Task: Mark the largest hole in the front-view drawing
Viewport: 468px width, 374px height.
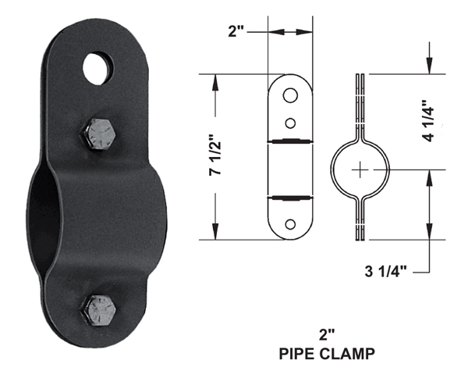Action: click(x=289, y=95)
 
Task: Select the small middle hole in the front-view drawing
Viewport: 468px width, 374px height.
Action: click(x=289, y=122)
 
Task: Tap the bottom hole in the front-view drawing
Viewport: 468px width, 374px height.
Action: click(x=289, y=224)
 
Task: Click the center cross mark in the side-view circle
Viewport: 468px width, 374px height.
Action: click(x=360, y=169)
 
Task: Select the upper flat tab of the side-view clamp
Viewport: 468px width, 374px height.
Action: click(x=360, y=102)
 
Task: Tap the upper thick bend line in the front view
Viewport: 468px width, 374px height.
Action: click(x=289, y=141)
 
